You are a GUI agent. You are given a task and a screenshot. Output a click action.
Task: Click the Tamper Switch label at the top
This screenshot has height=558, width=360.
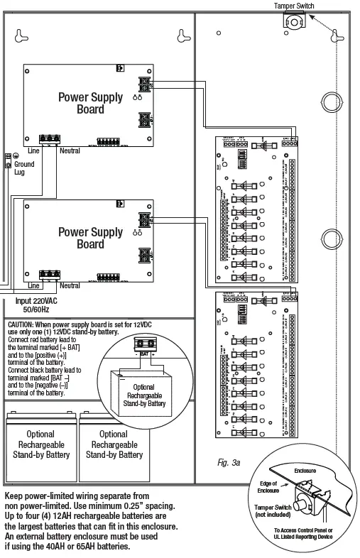pos(294,6)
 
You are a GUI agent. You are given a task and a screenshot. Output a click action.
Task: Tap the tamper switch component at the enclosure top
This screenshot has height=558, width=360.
pos(293,21)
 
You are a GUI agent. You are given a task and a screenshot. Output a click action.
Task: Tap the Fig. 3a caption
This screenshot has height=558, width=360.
pos(229,463)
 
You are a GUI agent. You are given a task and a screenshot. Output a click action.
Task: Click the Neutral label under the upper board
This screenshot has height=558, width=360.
pos(70,151)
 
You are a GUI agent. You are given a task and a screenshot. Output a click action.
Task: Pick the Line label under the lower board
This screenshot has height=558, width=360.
pos(33,285)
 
